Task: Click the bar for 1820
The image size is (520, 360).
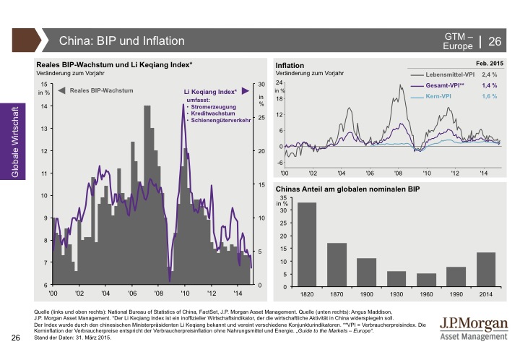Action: click(x=307, y=244)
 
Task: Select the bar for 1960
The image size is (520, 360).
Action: click(x=427, y=280)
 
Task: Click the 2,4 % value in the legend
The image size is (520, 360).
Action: click(x=490, y=75)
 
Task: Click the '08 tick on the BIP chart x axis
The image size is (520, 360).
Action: click(x=158, y=293)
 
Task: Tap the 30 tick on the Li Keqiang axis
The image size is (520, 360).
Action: click(x=261, y=85)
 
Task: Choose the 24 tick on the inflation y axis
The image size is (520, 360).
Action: click(x=279, y=83)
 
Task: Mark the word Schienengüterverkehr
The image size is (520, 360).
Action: click(x=220, y=120)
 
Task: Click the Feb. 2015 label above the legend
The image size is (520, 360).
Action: click(x=483, y=65)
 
